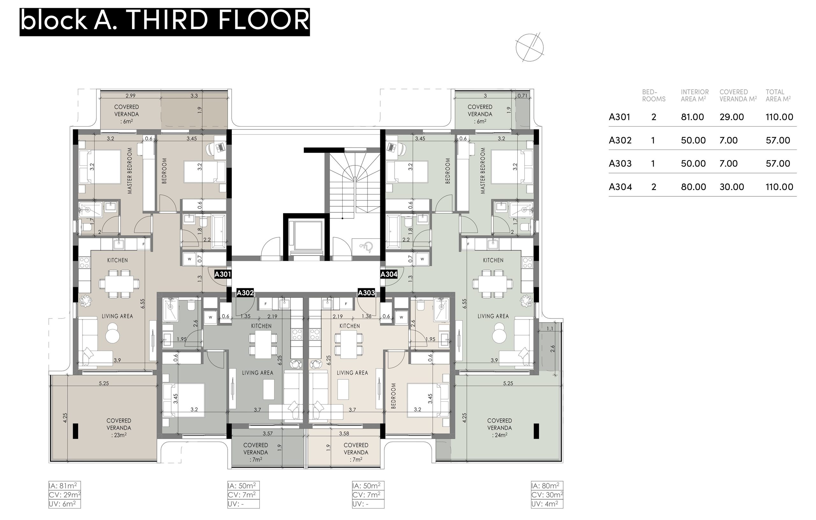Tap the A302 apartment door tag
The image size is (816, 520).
[245, 293]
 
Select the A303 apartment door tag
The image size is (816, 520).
[366, 293]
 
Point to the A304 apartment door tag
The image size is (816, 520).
[389, 274]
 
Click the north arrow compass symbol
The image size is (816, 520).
[530, 48]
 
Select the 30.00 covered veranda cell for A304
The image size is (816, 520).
[732, 187]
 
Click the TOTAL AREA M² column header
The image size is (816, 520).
[778, 96]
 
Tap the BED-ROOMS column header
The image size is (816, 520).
[654, 96]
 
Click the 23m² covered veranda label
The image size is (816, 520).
[119, 435]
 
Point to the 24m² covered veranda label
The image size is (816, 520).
[499, 435]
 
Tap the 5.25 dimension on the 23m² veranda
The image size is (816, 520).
[104, 384]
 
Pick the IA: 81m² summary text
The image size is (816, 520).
[64, 486]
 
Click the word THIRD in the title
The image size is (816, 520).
[167, 20]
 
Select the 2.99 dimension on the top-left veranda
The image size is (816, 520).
[130, 96]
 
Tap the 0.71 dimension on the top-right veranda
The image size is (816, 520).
[522, 96]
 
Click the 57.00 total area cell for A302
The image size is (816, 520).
[778, 140]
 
